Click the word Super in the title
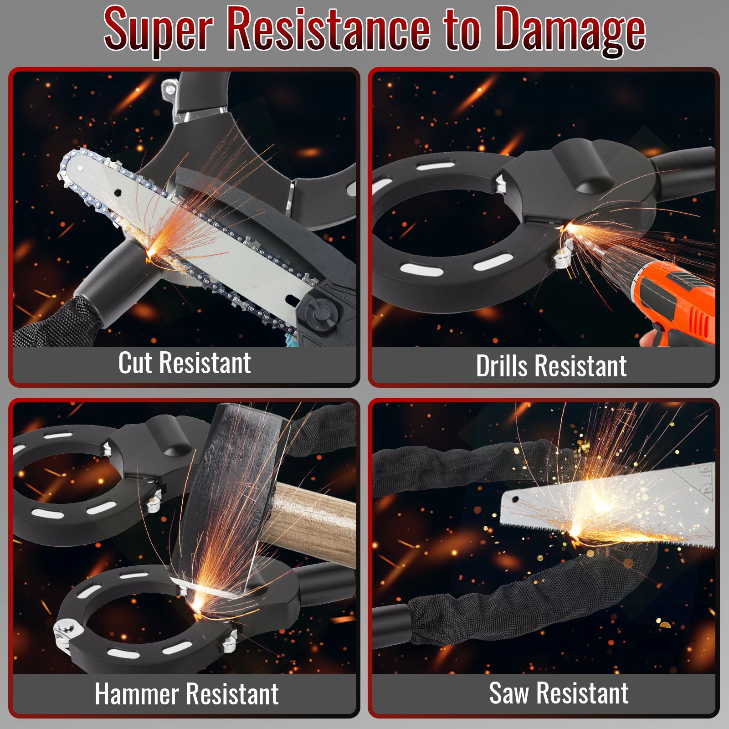tap(158, 31)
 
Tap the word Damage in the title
tap(570, 31)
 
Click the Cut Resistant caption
tap(185, 363)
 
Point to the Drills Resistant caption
tap(551, 366)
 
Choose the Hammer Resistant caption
tap(187, 694)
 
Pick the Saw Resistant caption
tap(559, 693)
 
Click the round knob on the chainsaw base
tap(323, 313)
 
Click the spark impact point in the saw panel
tap(575, 531)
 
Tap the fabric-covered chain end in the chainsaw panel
tap(55, 321)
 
